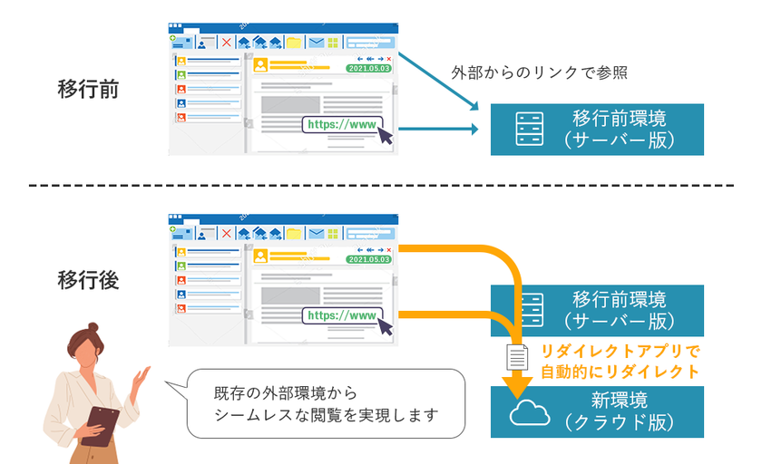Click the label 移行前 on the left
(88, 90)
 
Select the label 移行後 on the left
(88, 280)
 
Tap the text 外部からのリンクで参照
(540, 72)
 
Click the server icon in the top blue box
(529, 129)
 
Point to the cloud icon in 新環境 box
(529, 412)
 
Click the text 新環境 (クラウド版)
(619, 411)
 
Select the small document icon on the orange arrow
(517, 357)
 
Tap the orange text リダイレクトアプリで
(620, 351)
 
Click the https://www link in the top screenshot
(342, 125)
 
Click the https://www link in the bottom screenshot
(342, 316)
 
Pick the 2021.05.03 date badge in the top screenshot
(369, 69)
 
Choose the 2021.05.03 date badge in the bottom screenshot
(369, 259)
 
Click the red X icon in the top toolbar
(226, 43)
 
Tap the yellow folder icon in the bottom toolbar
(294, 234)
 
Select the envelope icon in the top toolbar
(317, 43)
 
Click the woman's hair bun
(93, 328)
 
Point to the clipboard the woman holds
(101, 426)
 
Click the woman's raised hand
(141, 378)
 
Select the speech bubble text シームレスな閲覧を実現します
(326, 415)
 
